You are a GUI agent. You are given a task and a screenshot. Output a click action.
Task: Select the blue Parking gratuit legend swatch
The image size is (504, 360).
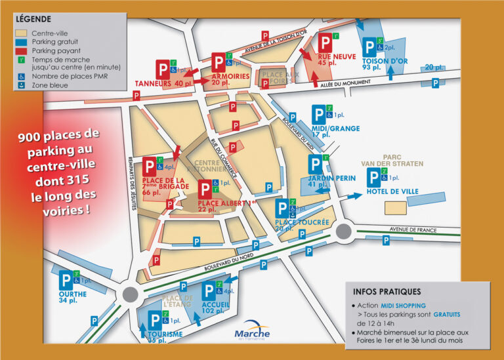[x=21, y=41]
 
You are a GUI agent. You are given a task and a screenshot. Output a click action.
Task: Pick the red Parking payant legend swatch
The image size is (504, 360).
[x=21, y=50]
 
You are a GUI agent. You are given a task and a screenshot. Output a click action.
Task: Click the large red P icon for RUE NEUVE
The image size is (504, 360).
[x=325, y=45]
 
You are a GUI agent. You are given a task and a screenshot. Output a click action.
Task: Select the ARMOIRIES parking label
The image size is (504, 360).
[x=230, y=77]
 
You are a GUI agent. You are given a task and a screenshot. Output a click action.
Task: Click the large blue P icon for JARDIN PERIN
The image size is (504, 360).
[x=317, y=165]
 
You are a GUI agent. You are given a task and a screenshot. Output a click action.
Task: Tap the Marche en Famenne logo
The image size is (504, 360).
[x=251, y=334]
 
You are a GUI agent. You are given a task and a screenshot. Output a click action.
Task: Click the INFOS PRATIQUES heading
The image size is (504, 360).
[x=387, y=292]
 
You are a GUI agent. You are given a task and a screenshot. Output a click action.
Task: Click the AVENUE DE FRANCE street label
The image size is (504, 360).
[x=413, y=230]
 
